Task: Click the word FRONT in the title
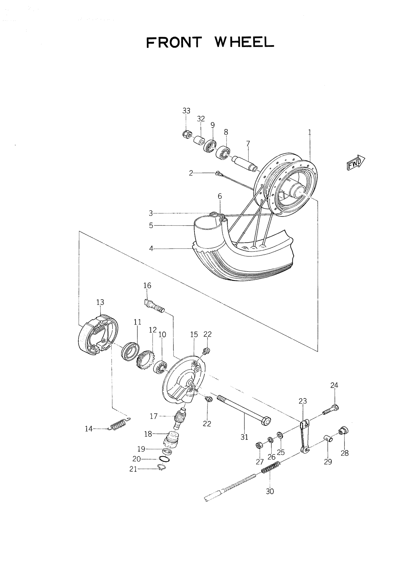coord(174,42)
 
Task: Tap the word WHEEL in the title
coord(244,42)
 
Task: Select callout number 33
coord(186,111)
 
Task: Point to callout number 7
coord(248,144)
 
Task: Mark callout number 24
coord(334,392)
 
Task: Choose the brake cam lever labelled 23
coord(304,436)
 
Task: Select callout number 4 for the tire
coord(151,249)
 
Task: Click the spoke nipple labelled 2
coord(218,174)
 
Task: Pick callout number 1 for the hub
coord(309,132)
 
